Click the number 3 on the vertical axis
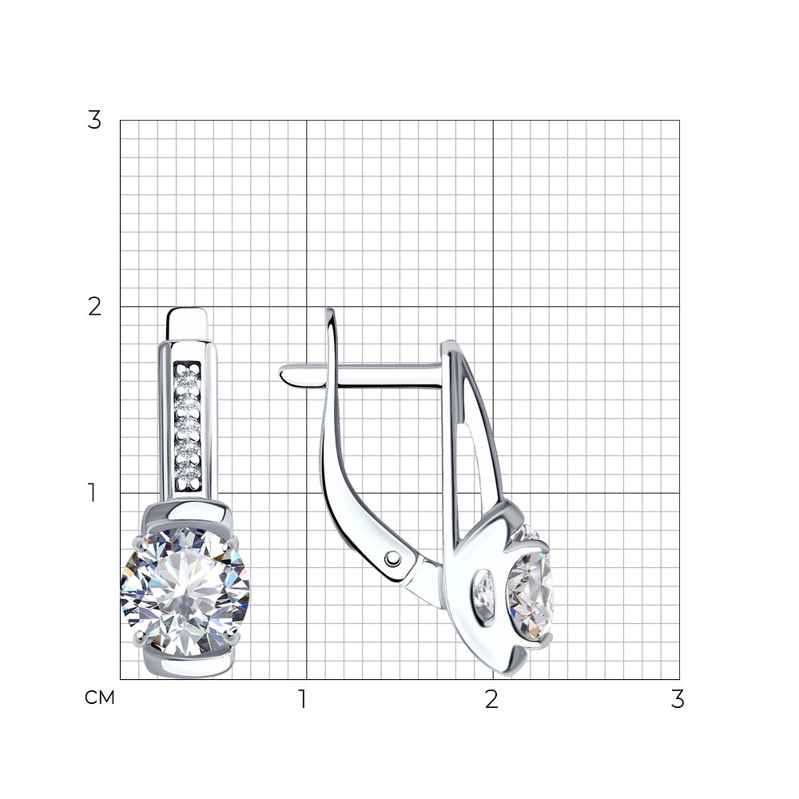[x=94, y=121]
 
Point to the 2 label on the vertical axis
[x=94, y=307]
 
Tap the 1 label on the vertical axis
[x=92, y=493]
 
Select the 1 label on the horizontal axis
[x=303, y=699]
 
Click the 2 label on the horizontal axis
[x=491, y=699]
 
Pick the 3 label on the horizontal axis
[x=678, y=699]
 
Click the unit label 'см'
[x=100, y=698]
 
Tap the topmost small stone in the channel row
[x=188, y=380]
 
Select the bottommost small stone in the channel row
[x=188, y=475]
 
